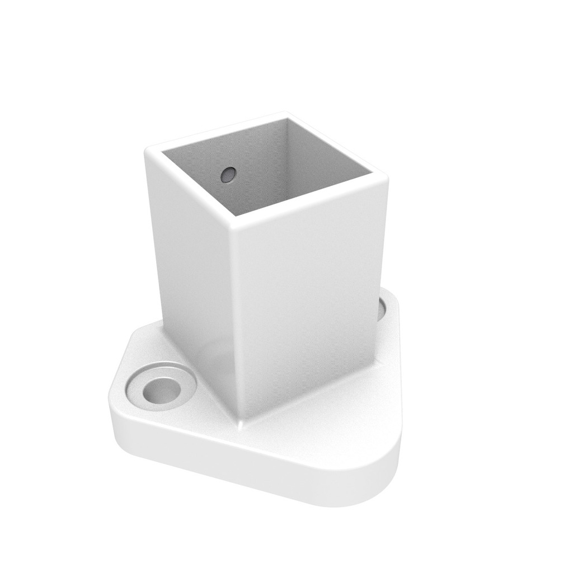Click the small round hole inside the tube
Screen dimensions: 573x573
[x=228, y=175]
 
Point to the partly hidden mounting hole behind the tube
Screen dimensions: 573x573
[x=384, y=309]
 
